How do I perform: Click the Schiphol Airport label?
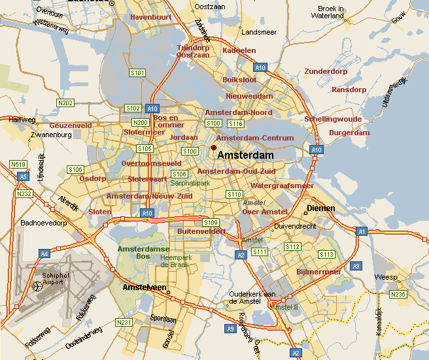[55, 280]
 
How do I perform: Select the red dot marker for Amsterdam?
[213, 148]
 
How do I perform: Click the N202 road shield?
[65, 103]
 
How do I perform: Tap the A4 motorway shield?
[44, 254]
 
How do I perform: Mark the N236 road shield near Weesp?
[398, 295]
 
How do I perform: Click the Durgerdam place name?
[350, 133]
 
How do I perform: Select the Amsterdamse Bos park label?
[143, 254]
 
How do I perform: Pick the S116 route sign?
[235, 123]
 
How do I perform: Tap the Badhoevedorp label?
[44, 222]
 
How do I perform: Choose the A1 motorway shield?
[362, 231]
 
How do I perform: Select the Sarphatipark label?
[190, 184]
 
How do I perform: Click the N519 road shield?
[18, 165]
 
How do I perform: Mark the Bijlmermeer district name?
[318, 271]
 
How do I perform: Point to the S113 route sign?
[326, 254]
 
